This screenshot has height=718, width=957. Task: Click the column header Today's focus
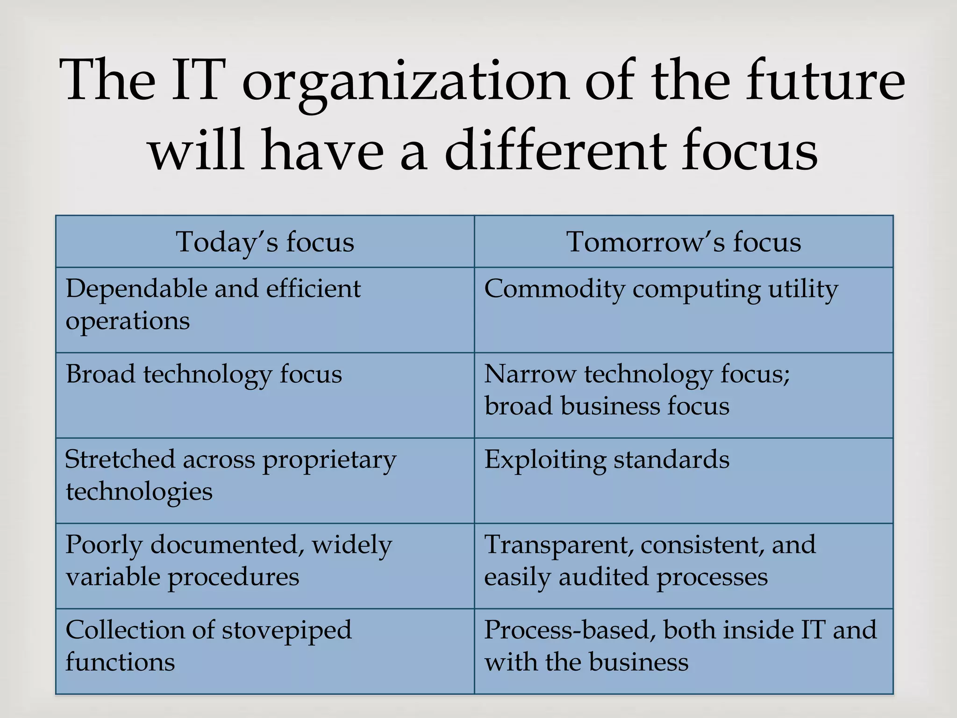[265, 242]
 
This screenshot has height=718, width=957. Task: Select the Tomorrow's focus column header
[684, 242]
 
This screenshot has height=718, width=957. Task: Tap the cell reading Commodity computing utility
[661, 289]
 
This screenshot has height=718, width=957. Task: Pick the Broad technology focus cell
[204, 374]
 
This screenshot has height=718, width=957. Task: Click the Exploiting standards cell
[607, 460]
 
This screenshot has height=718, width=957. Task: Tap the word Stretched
[120, 460]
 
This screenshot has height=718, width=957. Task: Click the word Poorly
[104, 546]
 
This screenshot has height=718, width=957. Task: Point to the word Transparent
[558, 546]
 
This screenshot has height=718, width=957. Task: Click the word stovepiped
[286, 631]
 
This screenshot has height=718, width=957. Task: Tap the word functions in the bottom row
[120, 662]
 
